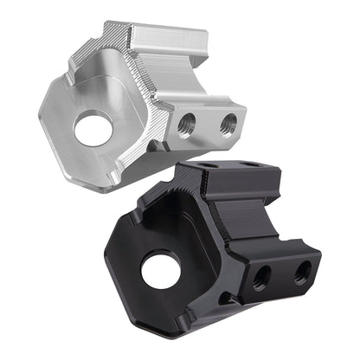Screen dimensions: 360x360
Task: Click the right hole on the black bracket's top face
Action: coord(249,164)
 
